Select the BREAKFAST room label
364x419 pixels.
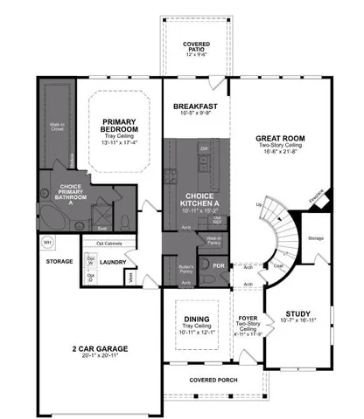click(x=194, y=106)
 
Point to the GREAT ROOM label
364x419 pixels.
click(x=279, y=139)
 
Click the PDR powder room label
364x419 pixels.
click(x=218, y=265)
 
